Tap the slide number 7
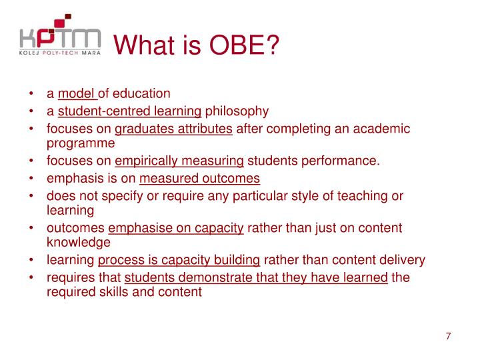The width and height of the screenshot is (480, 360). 449,336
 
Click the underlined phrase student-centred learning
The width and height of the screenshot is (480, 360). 129,111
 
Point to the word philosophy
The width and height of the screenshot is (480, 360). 236,111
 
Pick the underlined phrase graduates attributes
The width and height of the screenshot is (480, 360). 174,129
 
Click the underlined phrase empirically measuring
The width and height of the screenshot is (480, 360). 179,161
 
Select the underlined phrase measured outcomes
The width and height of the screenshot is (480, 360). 199,178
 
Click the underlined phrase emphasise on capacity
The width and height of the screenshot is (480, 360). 176,228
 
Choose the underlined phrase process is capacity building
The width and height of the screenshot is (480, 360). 179,260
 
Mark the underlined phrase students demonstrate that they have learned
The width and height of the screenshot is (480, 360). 256,277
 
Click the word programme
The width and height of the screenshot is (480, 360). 81,143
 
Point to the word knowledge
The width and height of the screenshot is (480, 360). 78,242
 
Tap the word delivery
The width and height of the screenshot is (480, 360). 402,260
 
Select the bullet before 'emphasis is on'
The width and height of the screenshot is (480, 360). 32,178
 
